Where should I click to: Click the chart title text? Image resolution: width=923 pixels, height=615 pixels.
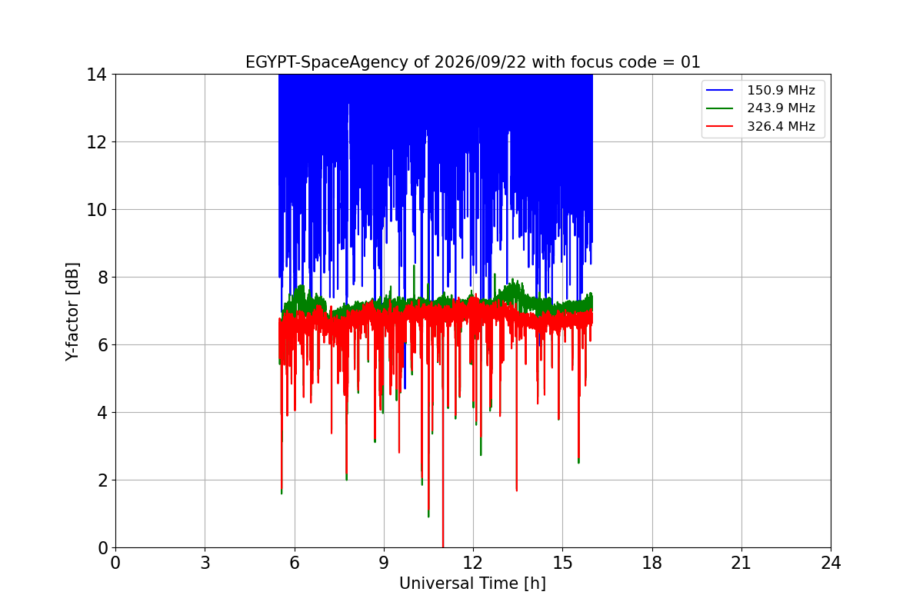pyautogui.click(x=472, y=62)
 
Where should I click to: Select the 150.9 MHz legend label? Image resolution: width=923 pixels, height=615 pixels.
pyautogui.click(x=781, y=90)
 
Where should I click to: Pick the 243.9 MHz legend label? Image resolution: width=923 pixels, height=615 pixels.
pyautogui.click(x=781, y=108)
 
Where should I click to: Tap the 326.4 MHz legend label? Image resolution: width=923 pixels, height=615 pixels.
pyautogui.click(x=781, y=126)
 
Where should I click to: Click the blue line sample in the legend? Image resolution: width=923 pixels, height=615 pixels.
pyautogui.click(x=719, y=90)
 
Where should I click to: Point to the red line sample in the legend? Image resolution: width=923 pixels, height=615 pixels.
pyautogui.click(x=719, y=126)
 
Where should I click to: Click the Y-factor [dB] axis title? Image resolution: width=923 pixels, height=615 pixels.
pyautogui.click(x=72, y=311)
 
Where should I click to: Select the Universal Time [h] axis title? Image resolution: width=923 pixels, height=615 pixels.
pyautogui.click(x=472, y=583)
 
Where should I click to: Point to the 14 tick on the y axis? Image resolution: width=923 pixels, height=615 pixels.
pyautogui.click(x=96, y=75)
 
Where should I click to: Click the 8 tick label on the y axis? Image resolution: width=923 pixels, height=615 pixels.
pyautogui.click(x=102, y=278)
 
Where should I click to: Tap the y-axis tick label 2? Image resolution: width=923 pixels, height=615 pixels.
pyautogui.click(x=102, y=480)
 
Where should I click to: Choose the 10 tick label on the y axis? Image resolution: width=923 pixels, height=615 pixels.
pyautogui.click(x=96, y=210)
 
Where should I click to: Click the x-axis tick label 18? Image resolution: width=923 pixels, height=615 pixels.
pyautogui.click(x=652, y=563)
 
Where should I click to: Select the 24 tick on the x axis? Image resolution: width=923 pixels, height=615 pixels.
pyautogui.click(x=831, y=563)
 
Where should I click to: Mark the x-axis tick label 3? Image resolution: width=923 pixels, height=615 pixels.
pyautogui.click(x=205, y=563)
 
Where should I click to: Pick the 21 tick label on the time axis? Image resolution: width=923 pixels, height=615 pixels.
pyautogui.click(x=741, y=563)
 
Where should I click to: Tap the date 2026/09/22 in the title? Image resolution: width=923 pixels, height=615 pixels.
pyautogui.click(x=481, y=62)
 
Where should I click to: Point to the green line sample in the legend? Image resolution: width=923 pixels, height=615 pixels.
pyautogui.click(x=719, y=108)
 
